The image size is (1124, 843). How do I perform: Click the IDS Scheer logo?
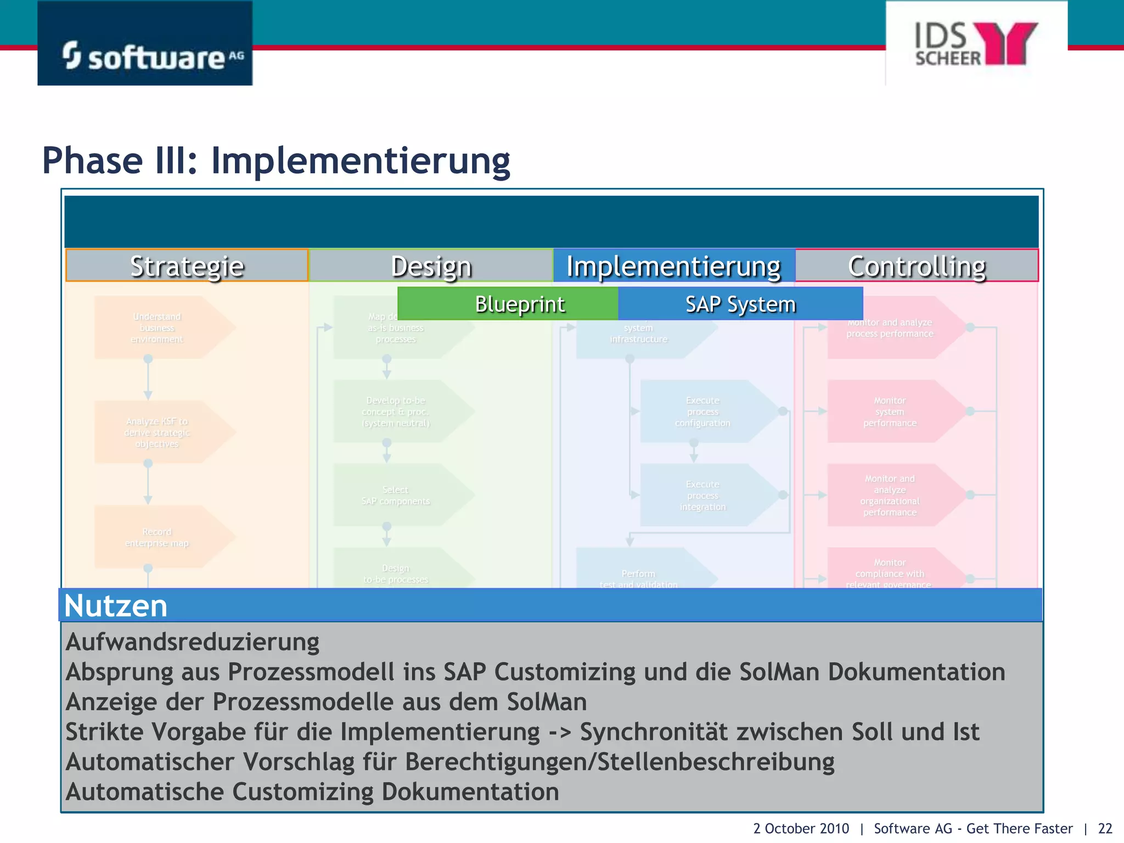point(976,44)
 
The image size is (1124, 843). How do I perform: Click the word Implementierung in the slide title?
point(361,161)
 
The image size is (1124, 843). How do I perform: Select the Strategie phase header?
point(187,266)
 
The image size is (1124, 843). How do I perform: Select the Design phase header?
point(431,266)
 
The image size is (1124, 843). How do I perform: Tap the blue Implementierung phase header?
point(673,266)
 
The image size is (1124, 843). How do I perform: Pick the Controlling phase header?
point(917,266)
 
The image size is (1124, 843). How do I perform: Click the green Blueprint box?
point(519,304)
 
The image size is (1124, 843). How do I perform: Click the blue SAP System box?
point(740,304)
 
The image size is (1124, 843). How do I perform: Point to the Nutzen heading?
point(116,605)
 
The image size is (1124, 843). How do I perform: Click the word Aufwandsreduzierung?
point(192,642)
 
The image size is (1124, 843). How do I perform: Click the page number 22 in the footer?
point(1105,828)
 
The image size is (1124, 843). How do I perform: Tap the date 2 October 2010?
point(801,828)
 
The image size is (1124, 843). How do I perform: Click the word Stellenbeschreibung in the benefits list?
point(716,762)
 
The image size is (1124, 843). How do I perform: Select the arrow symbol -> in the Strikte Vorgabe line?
point(560,732)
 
